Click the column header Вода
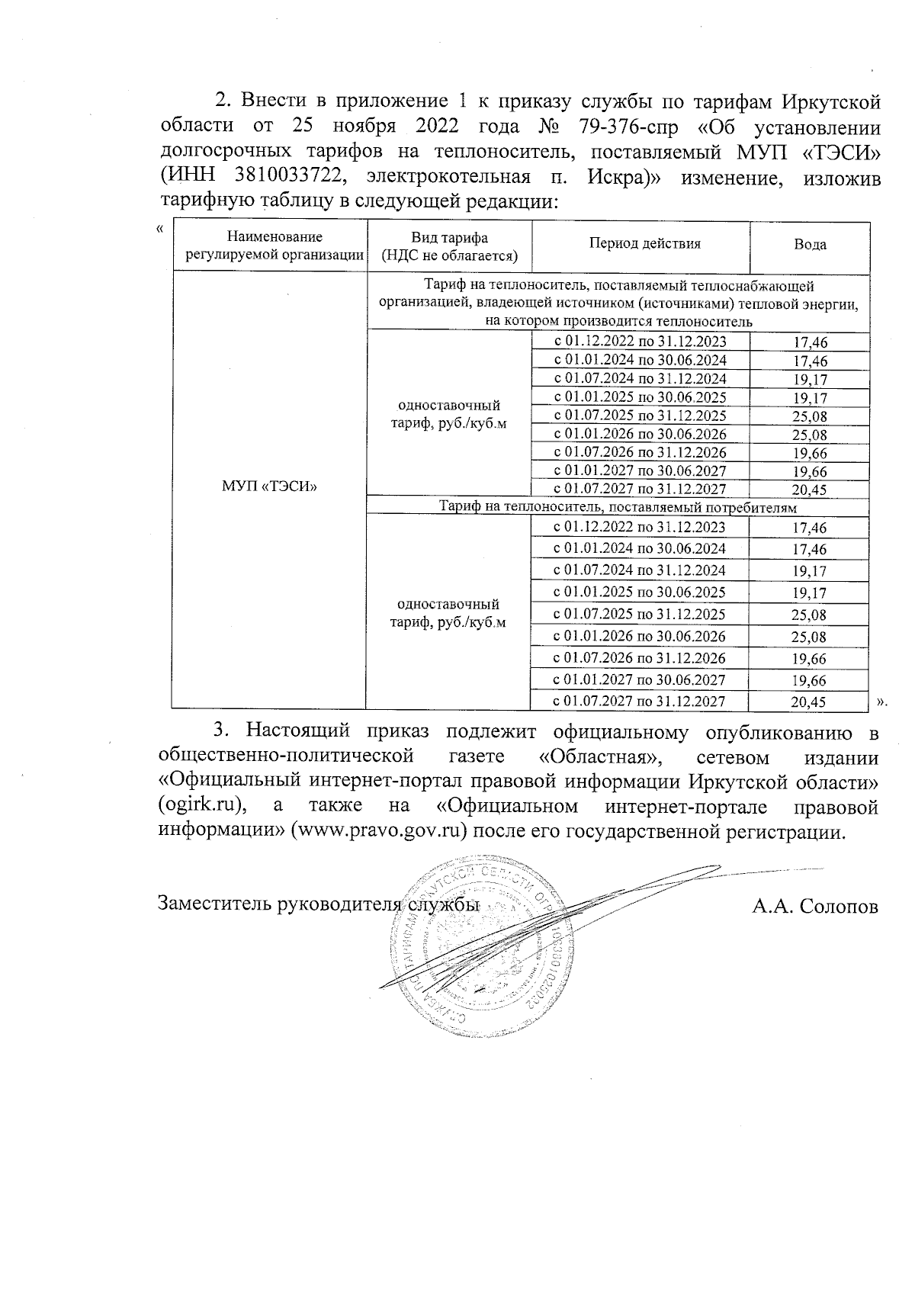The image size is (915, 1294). coord(810,246)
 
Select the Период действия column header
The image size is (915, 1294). coord(644,244)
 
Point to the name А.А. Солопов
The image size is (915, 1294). coord(814,907)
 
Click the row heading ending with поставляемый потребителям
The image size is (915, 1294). coord(619,507)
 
